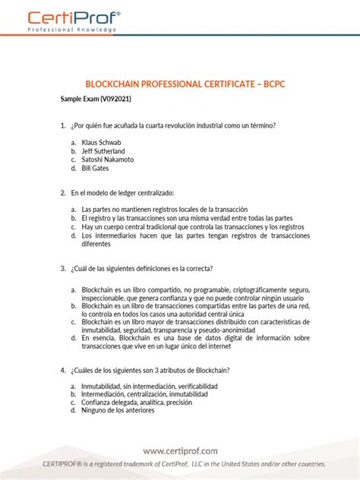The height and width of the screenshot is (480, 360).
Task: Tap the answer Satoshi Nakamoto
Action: coord(107,159)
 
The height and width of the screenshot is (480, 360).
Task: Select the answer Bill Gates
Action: coord(95,169)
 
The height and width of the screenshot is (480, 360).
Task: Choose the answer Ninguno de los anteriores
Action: coord(118,410)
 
